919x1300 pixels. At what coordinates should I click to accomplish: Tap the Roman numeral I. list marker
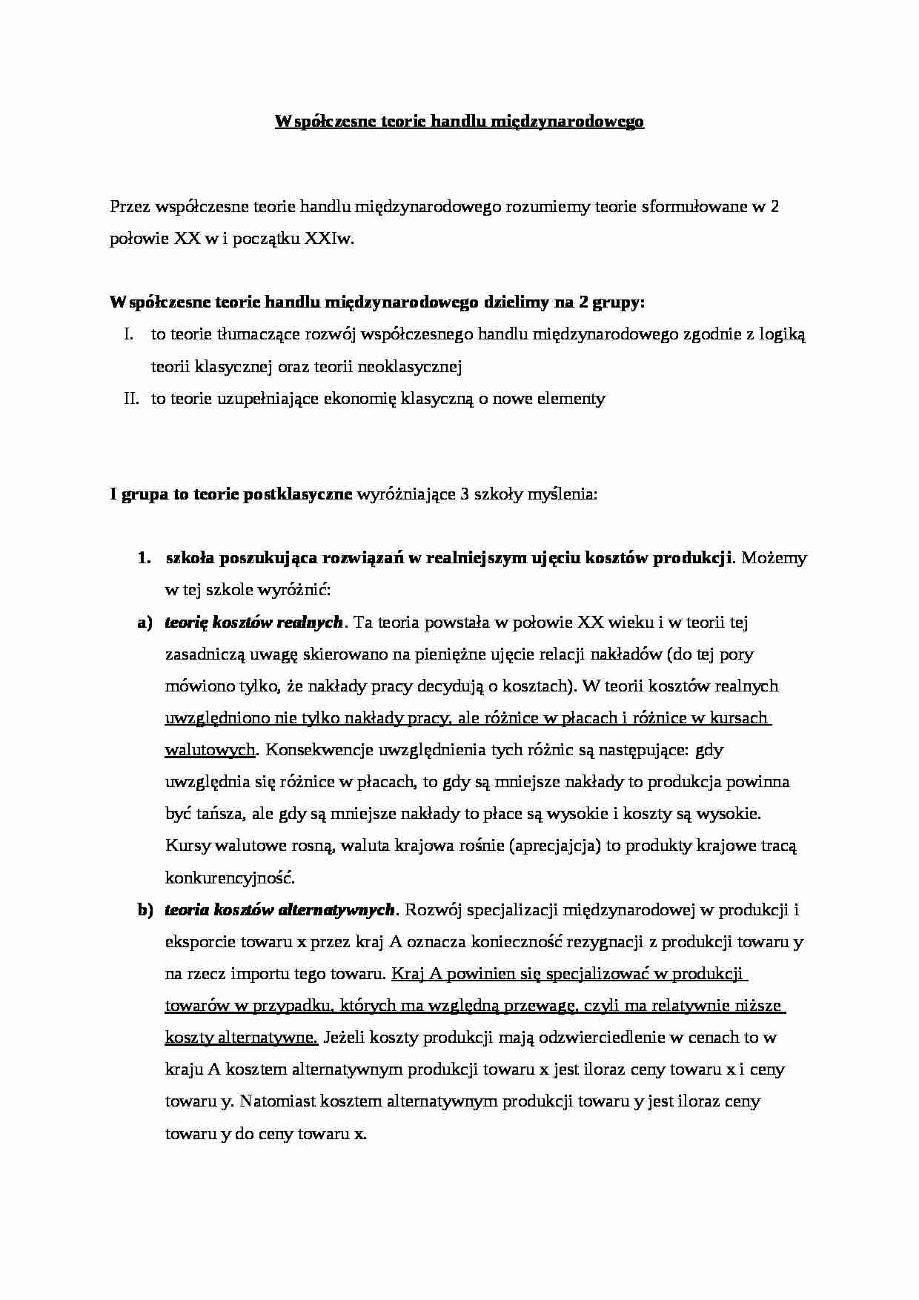tap(129, 334)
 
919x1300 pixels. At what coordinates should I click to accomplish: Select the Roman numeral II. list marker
tap(132, 398)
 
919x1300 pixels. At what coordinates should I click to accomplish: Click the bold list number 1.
tap(144, 558)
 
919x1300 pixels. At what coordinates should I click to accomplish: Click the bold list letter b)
tap(144, 909)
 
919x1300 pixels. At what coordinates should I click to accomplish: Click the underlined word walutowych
tap(210, 750)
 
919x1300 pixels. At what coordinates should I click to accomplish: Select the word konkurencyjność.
tap(230, 878)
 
